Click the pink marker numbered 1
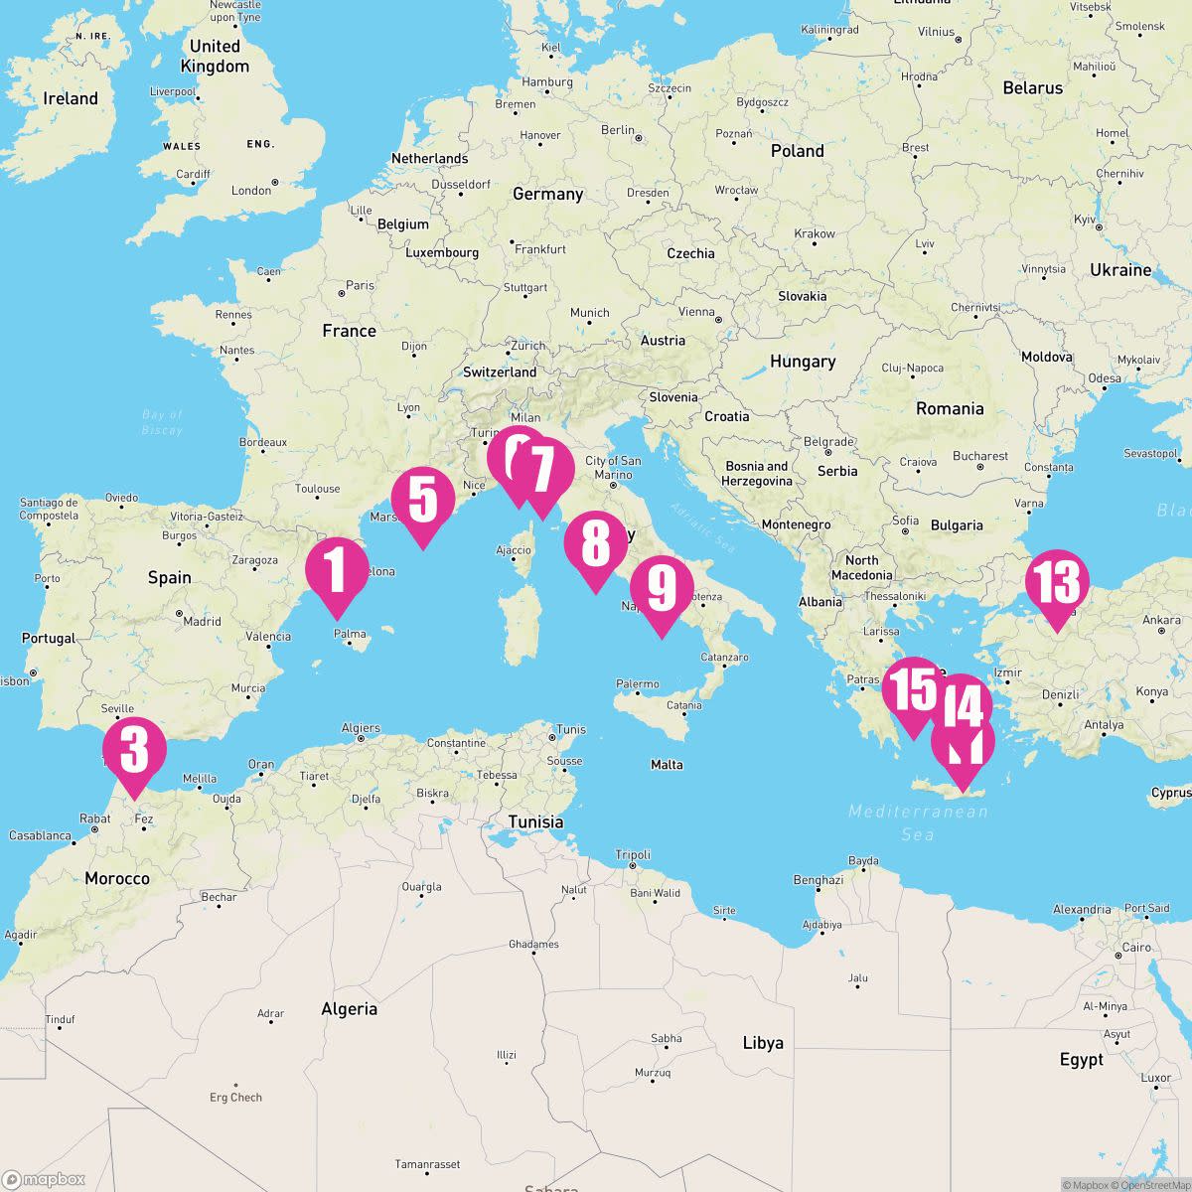click(337, 571)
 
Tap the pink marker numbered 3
click(134, 750)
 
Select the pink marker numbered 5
click(423, 500)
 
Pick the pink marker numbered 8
click(595, 544)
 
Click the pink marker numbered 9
click(661, 588)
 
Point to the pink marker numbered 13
click(1057, 583)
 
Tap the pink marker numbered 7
click(541, 470)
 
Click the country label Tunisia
click(535, 821)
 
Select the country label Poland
click(798, 151)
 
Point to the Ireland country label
click(71, 98)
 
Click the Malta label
click(667, 764)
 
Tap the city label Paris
click(360, 285)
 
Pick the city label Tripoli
click(633, 854)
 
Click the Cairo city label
click(1136, 947)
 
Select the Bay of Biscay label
click(162, 422)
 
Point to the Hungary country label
click(803, 362)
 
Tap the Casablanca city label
click(40, 835)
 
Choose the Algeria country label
click(350, 1008)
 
